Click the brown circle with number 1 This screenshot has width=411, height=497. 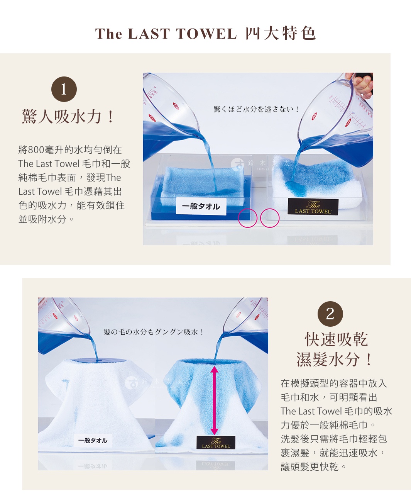point(64,89)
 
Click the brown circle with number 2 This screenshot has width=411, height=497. point(330,314)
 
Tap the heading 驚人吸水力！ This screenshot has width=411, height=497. point(68,117)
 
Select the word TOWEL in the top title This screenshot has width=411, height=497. point(206,34)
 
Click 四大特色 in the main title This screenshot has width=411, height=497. point(281,34)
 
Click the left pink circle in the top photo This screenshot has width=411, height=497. point(247,218)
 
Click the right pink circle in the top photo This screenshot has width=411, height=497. point(270,218)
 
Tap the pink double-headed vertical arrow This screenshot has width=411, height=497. point(215,400)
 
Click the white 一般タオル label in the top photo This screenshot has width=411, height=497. point(201,206)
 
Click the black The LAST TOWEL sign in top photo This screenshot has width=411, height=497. point(313,207)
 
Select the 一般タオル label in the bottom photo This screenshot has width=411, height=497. point(93,440)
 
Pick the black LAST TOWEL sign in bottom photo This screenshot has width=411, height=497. point(216,443)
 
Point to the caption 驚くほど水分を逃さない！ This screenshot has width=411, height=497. point(256,109)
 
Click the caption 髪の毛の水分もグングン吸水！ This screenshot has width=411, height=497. point(154,332)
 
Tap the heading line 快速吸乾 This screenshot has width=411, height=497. point(336,339)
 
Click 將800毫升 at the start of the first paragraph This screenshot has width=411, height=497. point(42,150)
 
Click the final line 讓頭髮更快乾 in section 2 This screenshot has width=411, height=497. point(314,467)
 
